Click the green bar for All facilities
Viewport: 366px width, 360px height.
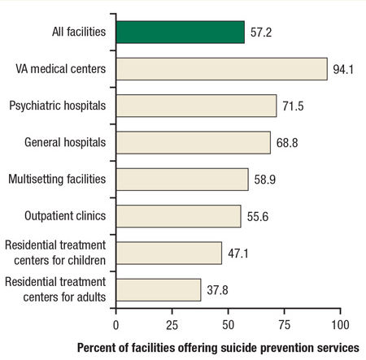180,32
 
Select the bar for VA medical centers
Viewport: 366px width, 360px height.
221,68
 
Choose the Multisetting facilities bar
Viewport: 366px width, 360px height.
182,179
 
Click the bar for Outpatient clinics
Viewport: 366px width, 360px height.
178,215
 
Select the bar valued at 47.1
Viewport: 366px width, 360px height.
168,253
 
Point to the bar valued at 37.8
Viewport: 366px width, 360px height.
159,289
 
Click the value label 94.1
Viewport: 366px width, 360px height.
342,69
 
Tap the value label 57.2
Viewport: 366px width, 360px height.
260,33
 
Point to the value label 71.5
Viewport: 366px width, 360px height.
292,106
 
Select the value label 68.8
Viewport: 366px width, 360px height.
286,143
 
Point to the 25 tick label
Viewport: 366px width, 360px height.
172,323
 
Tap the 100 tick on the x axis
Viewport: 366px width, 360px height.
339,323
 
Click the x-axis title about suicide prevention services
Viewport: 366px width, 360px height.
217,347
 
